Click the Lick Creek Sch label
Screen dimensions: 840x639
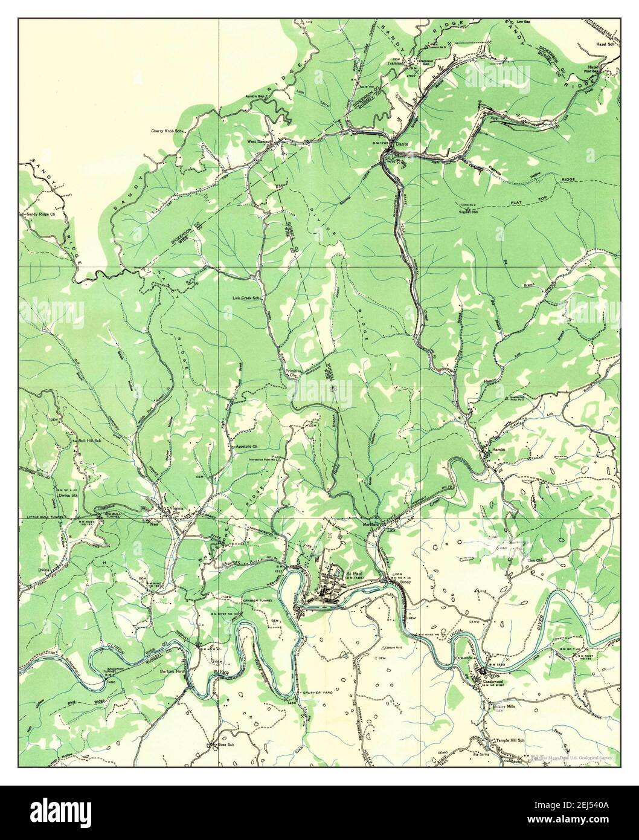(246, 298)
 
